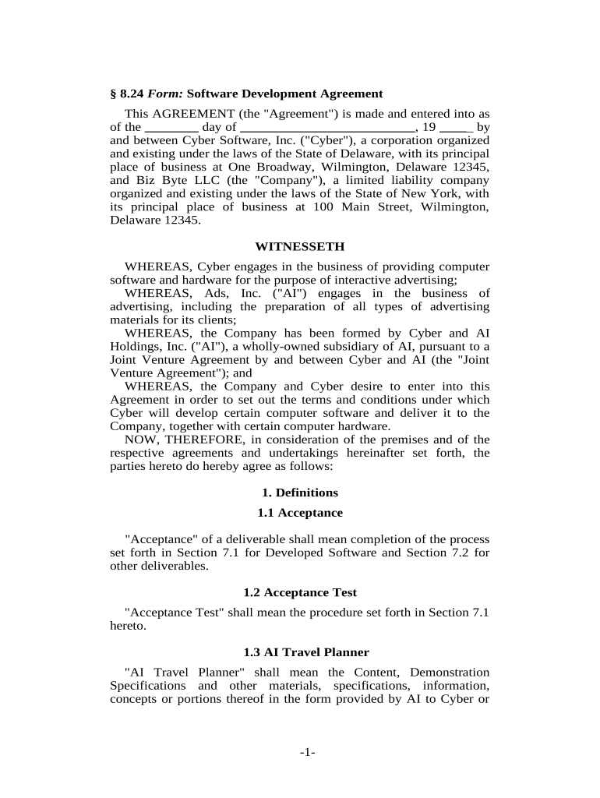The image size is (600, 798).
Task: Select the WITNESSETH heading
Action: (x=299, y=246)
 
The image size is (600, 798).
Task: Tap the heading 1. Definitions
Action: (x=299, y=493)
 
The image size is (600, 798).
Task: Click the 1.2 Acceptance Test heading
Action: (x=299, y=592)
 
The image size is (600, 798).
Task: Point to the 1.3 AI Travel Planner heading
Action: (x=299, y=651)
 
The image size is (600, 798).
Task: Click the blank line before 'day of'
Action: (x=171, y=126)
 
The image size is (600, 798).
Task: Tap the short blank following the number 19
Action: (x=456, y=126)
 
